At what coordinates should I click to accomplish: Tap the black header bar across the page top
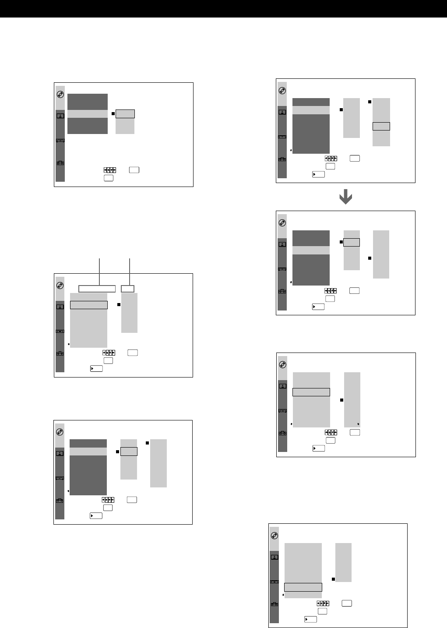[223, 9]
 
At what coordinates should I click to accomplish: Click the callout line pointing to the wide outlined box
[100, 272]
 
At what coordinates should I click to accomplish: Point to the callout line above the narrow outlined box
[130, 272]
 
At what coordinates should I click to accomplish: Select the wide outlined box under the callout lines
[97, 289]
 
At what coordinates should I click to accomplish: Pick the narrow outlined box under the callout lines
[127, 289]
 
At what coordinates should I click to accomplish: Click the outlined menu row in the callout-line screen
[89, 305]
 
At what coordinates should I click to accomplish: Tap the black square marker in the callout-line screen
[119, 304]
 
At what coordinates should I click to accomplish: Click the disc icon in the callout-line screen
[60, 285]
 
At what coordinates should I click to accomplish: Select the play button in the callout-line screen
[96, 369]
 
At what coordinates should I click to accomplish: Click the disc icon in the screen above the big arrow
[282, 91]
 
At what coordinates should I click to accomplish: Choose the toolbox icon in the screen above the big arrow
[282, 160]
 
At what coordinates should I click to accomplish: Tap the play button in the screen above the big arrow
[319, 174]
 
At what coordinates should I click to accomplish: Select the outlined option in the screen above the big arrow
[381, 127]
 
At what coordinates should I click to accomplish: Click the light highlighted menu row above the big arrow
[311, 110]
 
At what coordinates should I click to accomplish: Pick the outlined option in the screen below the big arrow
[352, 242]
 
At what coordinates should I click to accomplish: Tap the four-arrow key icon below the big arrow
[331, 291]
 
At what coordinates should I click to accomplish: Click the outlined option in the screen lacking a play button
[125, 114]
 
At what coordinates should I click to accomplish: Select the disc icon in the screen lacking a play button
[60, 94]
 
